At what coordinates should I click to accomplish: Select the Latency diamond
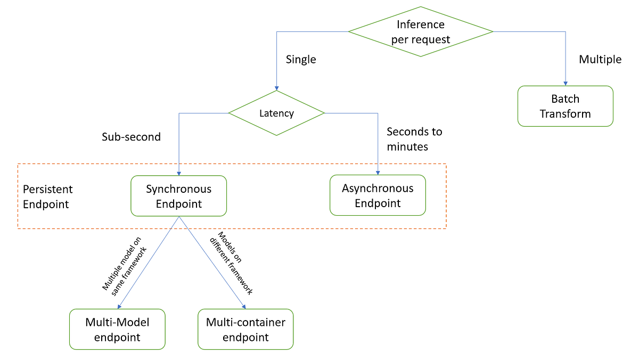tap(276, 113)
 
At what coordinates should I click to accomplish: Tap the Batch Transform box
tap(566, 106)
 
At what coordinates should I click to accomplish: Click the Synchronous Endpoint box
tap(179, 196)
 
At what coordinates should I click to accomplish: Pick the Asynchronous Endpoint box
tap(378, 195)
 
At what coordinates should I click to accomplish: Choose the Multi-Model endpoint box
tap(117, 329)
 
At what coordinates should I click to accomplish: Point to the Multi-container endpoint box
tap(245, 329)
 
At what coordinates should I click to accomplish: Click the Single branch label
tap(301, 59)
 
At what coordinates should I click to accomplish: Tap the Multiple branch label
tap(600, 59)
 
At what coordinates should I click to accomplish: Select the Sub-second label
tap(131, 137)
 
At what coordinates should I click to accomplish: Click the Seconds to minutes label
tap(414, 138)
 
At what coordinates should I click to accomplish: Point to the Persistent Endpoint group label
tap(47, 197)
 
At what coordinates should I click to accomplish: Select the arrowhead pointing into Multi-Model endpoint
tap(119, 306)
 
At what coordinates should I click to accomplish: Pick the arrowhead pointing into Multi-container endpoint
tap(244, 306)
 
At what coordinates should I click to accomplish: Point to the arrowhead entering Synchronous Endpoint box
tap(178, 173)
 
